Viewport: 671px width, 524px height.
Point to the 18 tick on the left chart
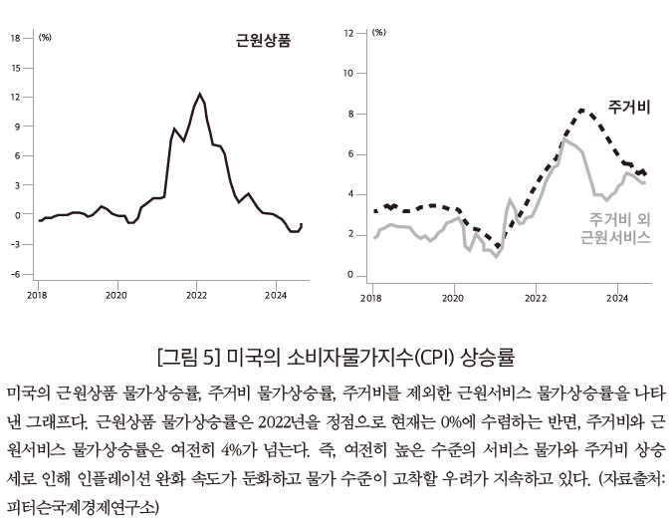click(x=15, y=38)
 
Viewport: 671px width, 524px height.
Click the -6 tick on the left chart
click(x=15, y=274)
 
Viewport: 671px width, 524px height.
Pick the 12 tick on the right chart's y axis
click(x=347, y=33)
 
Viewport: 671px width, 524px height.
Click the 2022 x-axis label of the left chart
click(x=196, y=296)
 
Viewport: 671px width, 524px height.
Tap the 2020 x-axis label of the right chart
click(x=453, y=297)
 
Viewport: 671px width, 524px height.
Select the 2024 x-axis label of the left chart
click(x=276, y=296)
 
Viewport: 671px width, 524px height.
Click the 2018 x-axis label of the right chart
click(x=370, y=297)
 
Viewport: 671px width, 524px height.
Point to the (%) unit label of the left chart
click(x=45, y=38)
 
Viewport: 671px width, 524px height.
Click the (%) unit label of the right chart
click(x=378, y=33)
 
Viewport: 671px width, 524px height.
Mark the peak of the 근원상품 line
click(x=201, y=94)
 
